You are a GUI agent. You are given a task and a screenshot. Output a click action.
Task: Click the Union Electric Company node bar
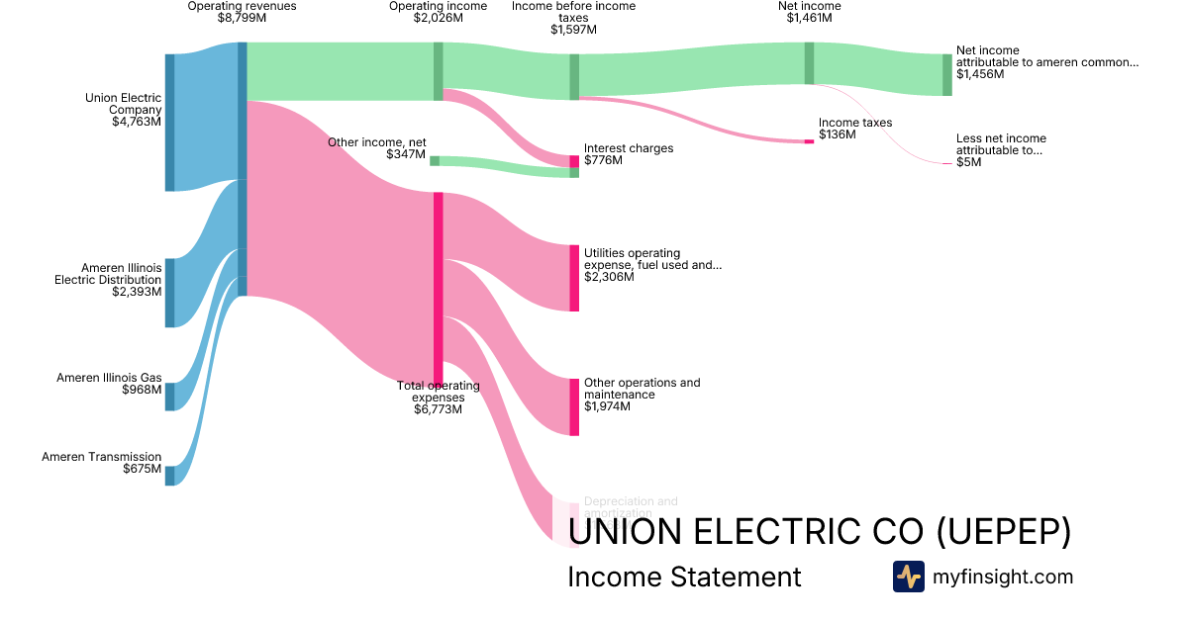click(169, 122)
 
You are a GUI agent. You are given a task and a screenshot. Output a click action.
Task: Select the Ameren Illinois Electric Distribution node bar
click(169, 293)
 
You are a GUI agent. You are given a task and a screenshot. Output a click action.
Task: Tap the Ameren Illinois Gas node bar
click(169, 396)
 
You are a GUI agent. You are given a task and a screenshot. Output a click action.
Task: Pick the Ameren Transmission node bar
click(169, 476)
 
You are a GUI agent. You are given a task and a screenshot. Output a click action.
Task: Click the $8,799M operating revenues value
click(242, 18)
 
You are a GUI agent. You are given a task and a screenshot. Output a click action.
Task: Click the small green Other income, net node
click(435, 161)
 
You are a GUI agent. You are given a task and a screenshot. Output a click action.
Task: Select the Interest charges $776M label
click(628, 154)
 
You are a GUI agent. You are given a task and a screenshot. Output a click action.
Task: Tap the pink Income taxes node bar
click(809, 141)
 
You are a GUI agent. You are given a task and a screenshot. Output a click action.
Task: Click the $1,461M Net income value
click(809, 18)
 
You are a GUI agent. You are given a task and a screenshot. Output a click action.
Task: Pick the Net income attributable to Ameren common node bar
click(946, 74)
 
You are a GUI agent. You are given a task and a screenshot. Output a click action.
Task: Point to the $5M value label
click(968, 162)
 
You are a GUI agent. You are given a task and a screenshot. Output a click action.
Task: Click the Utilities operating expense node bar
click(574, 278)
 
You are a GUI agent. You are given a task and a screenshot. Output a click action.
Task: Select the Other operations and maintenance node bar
click(574, 406)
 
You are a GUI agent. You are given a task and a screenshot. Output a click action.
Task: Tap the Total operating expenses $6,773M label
click(438, 398)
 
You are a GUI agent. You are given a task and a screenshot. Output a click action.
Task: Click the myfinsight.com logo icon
click(908, 577)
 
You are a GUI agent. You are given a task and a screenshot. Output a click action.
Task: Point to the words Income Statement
click(684, 577)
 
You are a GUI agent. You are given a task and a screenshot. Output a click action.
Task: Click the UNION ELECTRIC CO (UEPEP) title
click(821, 532)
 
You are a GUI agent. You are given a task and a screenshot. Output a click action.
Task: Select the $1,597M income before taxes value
click(573, 30)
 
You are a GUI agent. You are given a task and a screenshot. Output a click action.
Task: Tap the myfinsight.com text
click(1002, 577)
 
